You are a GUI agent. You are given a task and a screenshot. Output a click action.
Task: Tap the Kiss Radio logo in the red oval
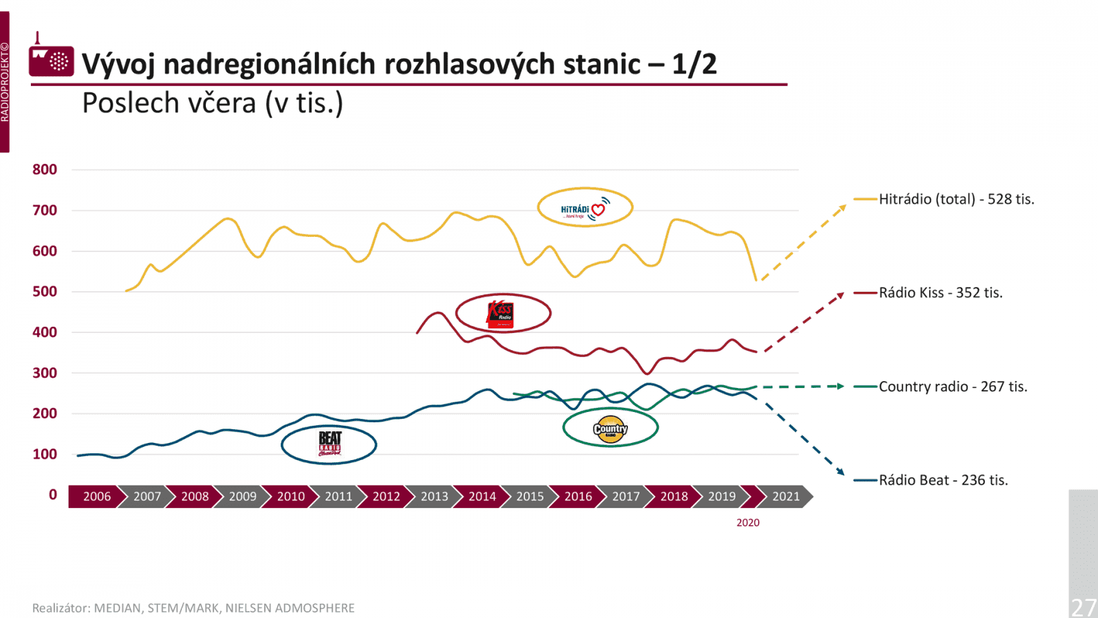coord(501,313)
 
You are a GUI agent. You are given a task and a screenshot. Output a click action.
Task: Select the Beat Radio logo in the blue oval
coord(329,444)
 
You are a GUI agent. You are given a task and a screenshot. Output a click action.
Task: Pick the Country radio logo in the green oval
coord(610,428)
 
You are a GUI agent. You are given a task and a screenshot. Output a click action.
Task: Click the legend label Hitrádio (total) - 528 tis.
coord(956,199)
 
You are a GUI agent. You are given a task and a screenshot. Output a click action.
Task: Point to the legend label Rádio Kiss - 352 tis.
coord(940,293)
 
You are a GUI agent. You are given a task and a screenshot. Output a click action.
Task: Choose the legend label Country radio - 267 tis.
coord(953,387)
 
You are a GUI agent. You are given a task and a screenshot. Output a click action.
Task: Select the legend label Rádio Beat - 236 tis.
coord(943,480)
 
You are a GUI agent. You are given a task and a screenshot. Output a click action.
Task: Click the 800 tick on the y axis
coord(45,170)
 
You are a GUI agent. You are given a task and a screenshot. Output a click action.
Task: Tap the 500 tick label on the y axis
coord(45,291)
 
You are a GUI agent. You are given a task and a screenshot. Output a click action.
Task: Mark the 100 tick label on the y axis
coord(45,454)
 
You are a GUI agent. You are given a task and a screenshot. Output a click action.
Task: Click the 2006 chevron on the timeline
coord(97,496)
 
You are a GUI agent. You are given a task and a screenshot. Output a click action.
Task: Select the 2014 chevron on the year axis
coord(482,496)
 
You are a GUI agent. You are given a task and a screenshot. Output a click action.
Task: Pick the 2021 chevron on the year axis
coord(786,496)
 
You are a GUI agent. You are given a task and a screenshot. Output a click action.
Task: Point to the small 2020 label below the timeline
coord(748,523)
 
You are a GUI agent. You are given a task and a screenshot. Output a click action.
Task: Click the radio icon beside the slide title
coord(51,60)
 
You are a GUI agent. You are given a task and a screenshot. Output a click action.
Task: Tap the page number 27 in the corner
coord(1084,607)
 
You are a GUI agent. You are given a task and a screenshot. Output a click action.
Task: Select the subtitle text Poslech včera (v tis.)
coord(212,104)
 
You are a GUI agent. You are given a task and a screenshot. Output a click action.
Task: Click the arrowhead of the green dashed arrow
coord(840,386)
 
